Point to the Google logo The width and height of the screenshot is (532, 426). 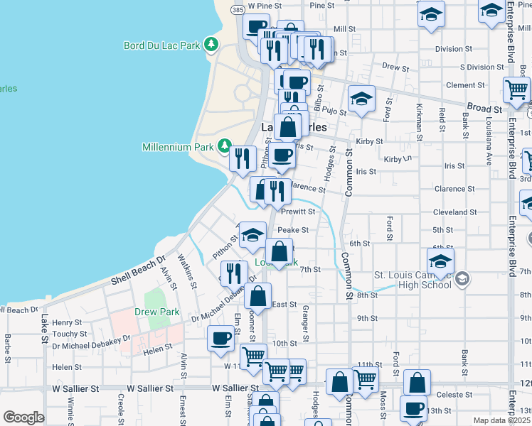point(23,417)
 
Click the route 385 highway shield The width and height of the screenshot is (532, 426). point(238,10)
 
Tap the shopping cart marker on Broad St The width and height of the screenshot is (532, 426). point(516,90)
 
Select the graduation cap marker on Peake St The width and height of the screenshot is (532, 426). point(252,236)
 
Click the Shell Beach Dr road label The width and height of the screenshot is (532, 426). point(137,270)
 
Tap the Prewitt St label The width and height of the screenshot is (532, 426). point(297,212)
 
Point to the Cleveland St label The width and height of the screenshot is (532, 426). point(455,212)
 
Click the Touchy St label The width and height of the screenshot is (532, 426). point(69,334)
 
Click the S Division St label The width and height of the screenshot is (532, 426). point(482,67)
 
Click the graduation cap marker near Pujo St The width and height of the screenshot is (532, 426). point(361,99)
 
